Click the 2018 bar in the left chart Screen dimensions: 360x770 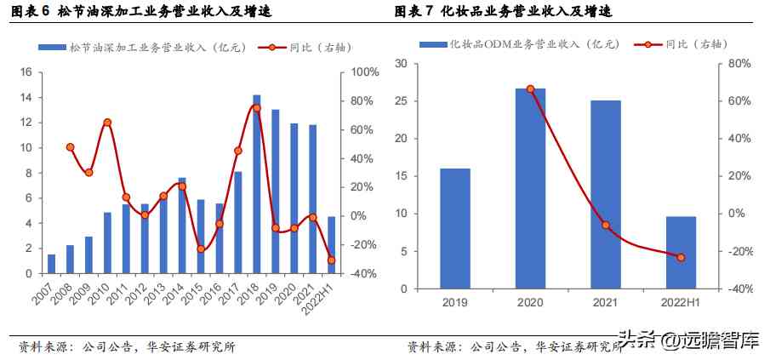[x=257, y=185]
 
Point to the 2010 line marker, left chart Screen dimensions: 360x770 [x=107, y=123]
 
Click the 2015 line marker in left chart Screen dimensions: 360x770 [x=201, y=249]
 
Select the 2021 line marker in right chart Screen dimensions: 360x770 [x=606, y=226]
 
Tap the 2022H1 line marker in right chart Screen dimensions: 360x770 [x=681, y=257]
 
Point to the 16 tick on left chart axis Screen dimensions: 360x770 [x=26, y=72]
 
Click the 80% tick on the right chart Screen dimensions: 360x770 [x=739, y=64]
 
